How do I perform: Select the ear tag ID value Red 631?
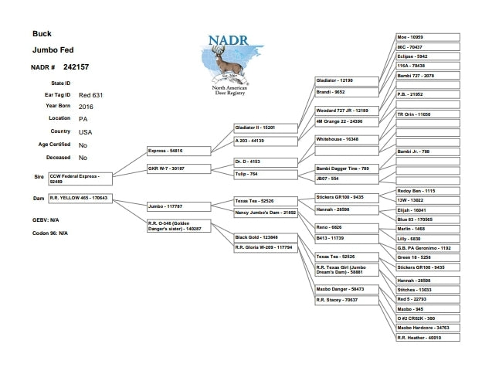90,94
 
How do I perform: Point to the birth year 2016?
86,107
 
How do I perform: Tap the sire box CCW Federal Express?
80,178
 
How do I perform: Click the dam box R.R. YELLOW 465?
80,198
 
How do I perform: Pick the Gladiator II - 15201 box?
264,127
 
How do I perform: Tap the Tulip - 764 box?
264,175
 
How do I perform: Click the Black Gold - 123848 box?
264,237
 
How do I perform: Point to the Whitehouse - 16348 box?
347,139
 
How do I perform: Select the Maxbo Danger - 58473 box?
347,289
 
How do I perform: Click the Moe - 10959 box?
427,37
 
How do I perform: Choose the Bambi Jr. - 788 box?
427,151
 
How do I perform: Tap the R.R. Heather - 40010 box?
427,338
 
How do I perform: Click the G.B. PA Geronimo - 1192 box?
427,248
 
